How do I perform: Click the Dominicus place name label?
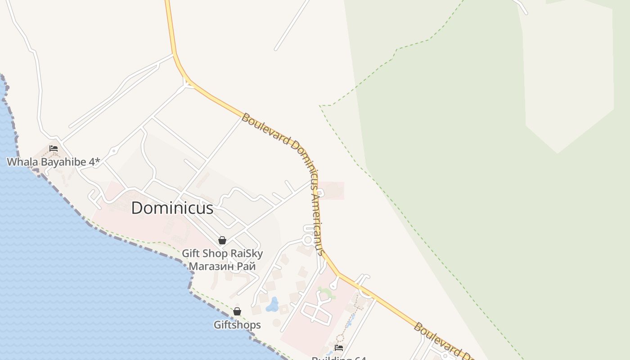tap(172, 208)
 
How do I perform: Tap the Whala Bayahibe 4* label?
tap(53, 162)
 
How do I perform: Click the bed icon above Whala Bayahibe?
tap(54, 148)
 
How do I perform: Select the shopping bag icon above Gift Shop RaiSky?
tap(222, 240)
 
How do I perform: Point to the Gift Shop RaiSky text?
tap(222, 253)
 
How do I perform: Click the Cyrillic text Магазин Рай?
tap(222, 266)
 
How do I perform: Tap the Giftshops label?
tap(237, 324)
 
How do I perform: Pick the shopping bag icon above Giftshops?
tap(237, 311)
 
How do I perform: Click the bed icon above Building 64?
tap(339, 347)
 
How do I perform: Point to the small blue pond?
tap(272, 306)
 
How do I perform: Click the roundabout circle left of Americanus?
tap(308, 239)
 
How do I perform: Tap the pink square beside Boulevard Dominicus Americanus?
tap(333, 191)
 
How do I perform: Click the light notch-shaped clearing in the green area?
tap(569, 81)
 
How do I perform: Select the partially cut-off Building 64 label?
tap(339, 358)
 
